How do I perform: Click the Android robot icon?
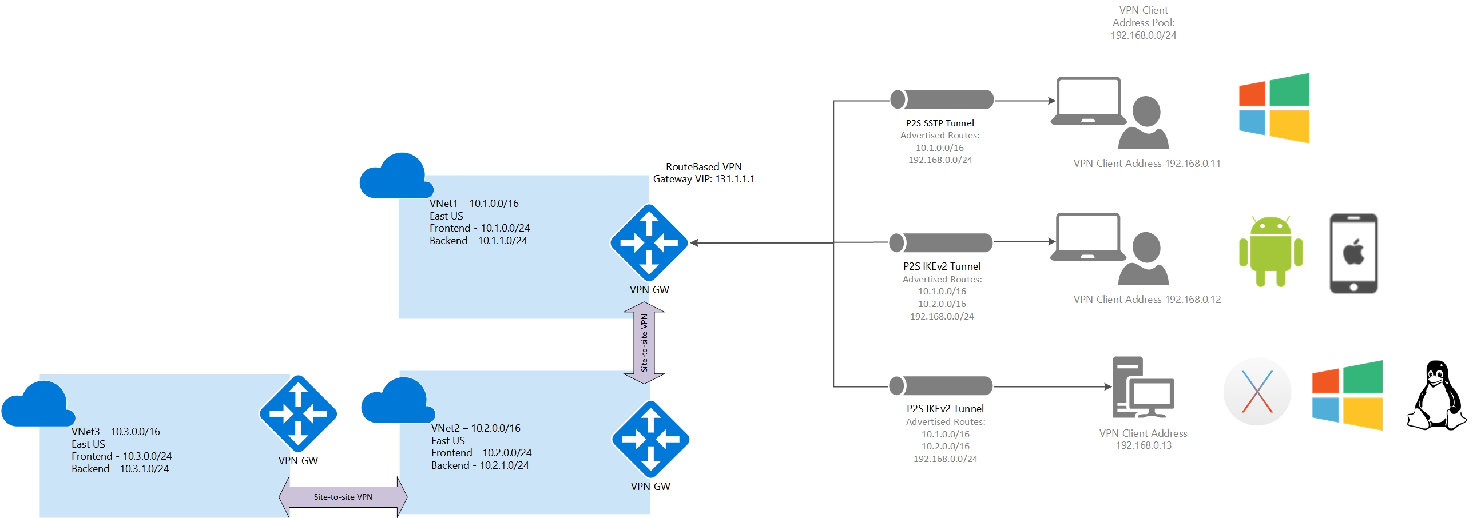(1270, 251)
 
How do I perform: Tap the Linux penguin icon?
(1436, 395)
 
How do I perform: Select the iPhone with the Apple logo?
(1353, 253)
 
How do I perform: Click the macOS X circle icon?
(1257, 392)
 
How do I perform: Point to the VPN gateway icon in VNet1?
(649, 242)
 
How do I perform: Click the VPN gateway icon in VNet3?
(297, 413)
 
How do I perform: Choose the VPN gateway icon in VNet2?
(650, 439)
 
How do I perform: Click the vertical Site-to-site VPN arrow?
(644, 342)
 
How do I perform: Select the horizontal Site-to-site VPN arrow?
(343, 497)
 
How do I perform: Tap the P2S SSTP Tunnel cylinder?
(942, 99)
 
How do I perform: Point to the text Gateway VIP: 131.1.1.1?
(704, 179)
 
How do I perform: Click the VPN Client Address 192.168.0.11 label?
(1147, 164)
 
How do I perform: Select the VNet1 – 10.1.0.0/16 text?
(474, 204)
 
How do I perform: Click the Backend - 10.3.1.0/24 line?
(120, 469)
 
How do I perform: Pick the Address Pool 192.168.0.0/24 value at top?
(1143, 35)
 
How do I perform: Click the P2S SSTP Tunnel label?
(940, 123)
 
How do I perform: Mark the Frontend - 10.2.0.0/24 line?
(481, 453)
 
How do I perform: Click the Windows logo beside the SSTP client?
(1274, 108)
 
